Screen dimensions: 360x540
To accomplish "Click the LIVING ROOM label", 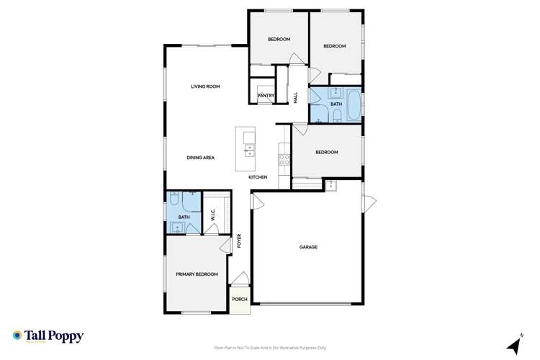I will click(204, 86).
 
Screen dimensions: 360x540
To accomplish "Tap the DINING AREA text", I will click(201, 158).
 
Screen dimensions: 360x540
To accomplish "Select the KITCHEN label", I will click(258, 177).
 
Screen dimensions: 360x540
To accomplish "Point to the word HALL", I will click(295, 97).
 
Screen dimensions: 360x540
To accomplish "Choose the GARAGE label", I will click(308, 247).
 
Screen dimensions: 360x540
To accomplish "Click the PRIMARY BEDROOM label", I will click(197, 274).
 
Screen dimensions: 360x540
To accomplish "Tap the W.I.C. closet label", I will click(213, 215).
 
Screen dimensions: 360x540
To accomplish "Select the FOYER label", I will click(240, 242).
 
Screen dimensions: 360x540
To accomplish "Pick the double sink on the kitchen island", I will click(250, 150).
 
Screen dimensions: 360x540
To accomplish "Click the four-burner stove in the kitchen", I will click(284, 159).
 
